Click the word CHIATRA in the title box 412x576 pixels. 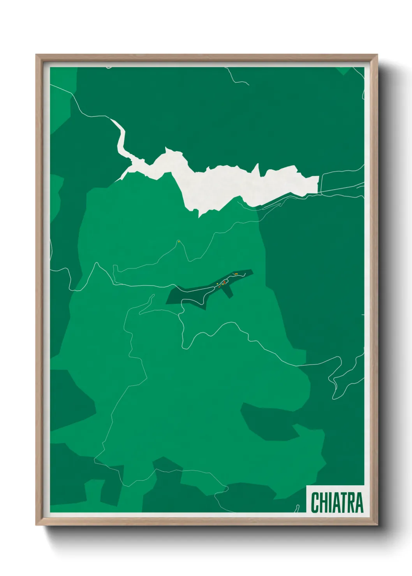tap(337, 502)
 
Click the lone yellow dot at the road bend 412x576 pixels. tap(178, 242)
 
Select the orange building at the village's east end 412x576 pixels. tap(236, 274)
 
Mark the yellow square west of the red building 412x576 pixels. tap(217, 284)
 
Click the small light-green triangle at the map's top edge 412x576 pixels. tap(343, 70)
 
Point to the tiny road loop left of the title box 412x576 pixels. tap(298, 508)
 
